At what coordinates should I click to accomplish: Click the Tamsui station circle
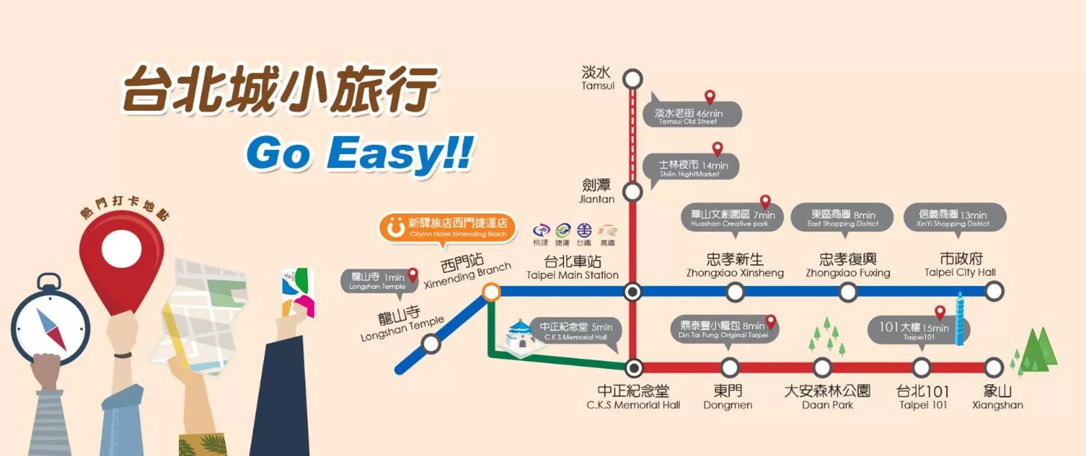pyautogui.click(x=632, y=79)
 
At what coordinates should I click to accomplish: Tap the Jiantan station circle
pyautogui.click(x=632, y=192)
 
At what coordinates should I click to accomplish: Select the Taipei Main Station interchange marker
pyautogui.click(x=632, y=292)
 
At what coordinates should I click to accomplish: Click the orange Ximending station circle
pyautogui.click(x=491, y=292)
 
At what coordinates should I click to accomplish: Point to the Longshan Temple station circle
pyautogui.click(x=431, y=343)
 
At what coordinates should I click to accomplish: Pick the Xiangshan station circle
pyautogui.click(x=994, y=368)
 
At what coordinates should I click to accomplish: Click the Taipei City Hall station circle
pyautogui.click(x=994, y=292)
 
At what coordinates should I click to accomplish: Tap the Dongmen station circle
pyautogui.click(x=730, y=368)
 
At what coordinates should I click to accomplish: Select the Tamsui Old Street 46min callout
pyautogui.click(x=692, y=115)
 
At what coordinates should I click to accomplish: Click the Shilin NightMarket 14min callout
pyautogui.click(x=691, y=167)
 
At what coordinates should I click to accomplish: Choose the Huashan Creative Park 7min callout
pyautogui.click(x=732, y=217)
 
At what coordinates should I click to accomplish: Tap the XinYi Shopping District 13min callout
pyautogui.click(x=954, y=217)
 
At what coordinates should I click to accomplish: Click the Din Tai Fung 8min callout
pyautogui.click(x=725, y=329)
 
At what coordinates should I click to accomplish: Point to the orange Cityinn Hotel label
pyautogui.click(x=448, y=227)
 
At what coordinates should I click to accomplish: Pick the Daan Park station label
pyautogui.click(x=827, y=397)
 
